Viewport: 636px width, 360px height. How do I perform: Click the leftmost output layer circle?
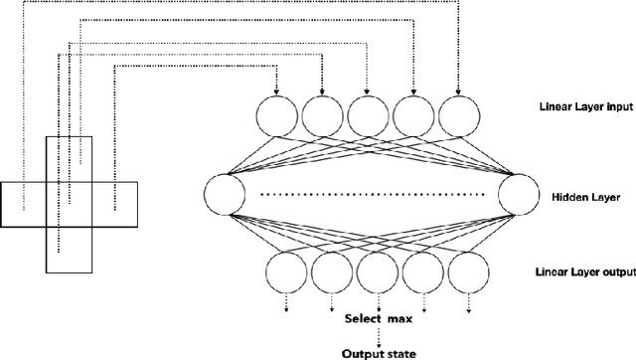tap(287, 272)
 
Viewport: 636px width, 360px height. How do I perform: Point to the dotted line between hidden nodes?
tap(373, 195)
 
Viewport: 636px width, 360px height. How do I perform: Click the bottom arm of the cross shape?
tap(69, 252)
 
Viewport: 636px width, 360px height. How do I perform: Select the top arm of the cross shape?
tap(69, 159)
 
